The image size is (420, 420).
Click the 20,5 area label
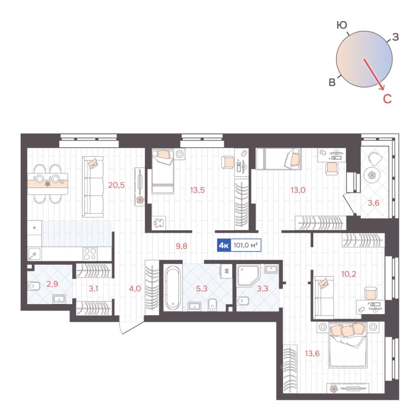[116, 185]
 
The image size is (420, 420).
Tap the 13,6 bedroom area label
[312, 353]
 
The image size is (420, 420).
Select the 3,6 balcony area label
[373, 203]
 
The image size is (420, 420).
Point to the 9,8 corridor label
[181, 246]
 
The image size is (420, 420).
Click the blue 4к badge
[224, 245]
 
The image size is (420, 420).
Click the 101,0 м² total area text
[245, 245]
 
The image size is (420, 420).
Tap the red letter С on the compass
[387, 99]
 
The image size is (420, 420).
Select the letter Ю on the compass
[342, 25]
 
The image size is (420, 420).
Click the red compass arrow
[374, 74]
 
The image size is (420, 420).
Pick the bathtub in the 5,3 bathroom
[173, 287]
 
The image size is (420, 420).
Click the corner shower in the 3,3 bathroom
[248, 276]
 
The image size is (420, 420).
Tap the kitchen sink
[34, 254]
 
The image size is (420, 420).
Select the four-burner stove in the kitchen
[90, 254]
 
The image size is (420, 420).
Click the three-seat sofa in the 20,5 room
[93, 187]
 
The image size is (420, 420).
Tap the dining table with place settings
[48, 184]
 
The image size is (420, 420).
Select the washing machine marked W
[226, 271]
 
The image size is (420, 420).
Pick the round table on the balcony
[372, 175]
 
